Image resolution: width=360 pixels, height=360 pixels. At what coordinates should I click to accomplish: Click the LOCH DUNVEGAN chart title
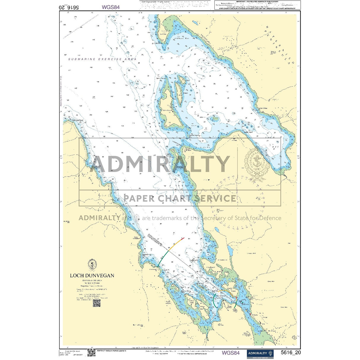point(92,275)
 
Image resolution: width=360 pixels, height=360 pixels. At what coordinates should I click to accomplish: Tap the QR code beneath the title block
point(96,303)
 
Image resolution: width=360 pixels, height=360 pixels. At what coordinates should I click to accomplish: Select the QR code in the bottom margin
point(91,353)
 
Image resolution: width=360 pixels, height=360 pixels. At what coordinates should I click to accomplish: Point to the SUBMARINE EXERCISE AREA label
point(103,59)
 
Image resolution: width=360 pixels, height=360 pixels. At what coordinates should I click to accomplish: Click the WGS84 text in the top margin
point(111,7)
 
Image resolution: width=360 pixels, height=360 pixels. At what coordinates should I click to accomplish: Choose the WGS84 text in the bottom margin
point(230,353)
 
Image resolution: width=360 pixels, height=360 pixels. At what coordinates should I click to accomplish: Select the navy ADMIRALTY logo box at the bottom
point(260,353)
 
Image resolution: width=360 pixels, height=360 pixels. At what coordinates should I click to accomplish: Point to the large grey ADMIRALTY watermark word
point(160,164)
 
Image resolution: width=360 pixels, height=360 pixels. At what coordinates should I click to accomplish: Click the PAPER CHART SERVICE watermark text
point(180,198)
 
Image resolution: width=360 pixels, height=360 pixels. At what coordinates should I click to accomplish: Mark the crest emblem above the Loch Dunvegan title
point(92,264)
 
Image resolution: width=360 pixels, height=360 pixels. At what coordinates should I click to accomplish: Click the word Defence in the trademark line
point(270,218)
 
